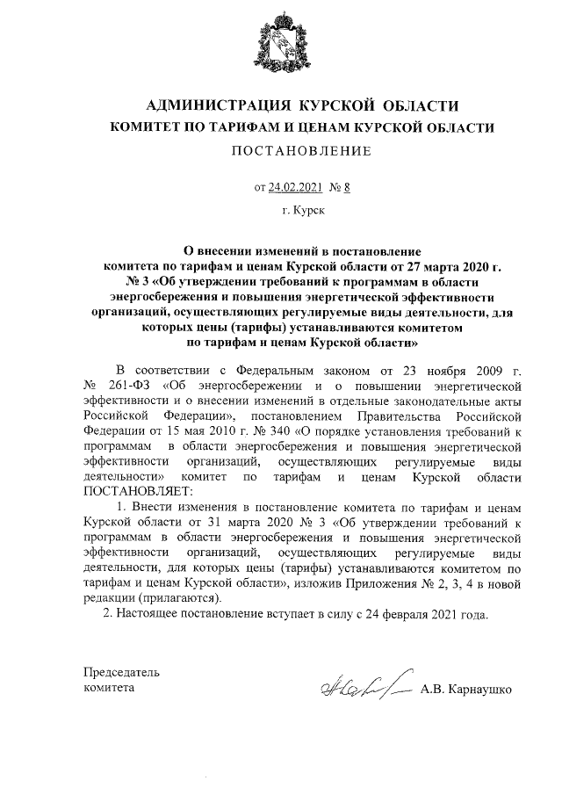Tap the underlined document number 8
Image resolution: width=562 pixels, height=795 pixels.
[347, 187]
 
